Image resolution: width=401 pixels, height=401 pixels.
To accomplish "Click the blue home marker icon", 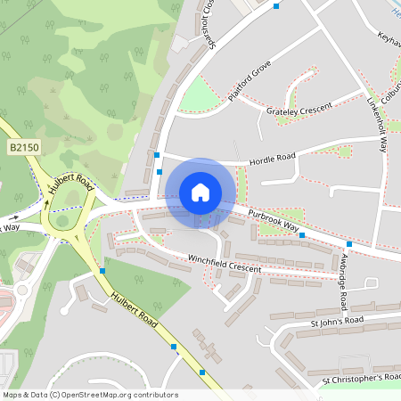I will point(200,192).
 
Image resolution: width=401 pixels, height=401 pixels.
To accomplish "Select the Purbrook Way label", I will point(273,219).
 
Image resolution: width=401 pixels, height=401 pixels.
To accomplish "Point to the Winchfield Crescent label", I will point(225,265).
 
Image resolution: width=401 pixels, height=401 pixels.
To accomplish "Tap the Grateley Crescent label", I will point(299,109).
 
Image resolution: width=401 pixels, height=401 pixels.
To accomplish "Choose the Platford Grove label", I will point(249,81).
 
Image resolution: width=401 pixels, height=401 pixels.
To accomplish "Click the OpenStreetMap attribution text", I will point(90,395).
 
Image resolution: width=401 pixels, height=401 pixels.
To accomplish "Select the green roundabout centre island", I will point(63,220).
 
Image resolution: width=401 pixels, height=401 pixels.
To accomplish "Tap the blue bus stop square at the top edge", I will point(276,6).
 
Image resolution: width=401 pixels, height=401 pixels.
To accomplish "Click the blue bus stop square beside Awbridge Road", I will point(349,244).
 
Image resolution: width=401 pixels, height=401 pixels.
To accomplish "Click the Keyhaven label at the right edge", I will point(389,40).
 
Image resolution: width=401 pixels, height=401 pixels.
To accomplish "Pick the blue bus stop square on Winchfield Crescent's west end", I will point(102,270).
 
